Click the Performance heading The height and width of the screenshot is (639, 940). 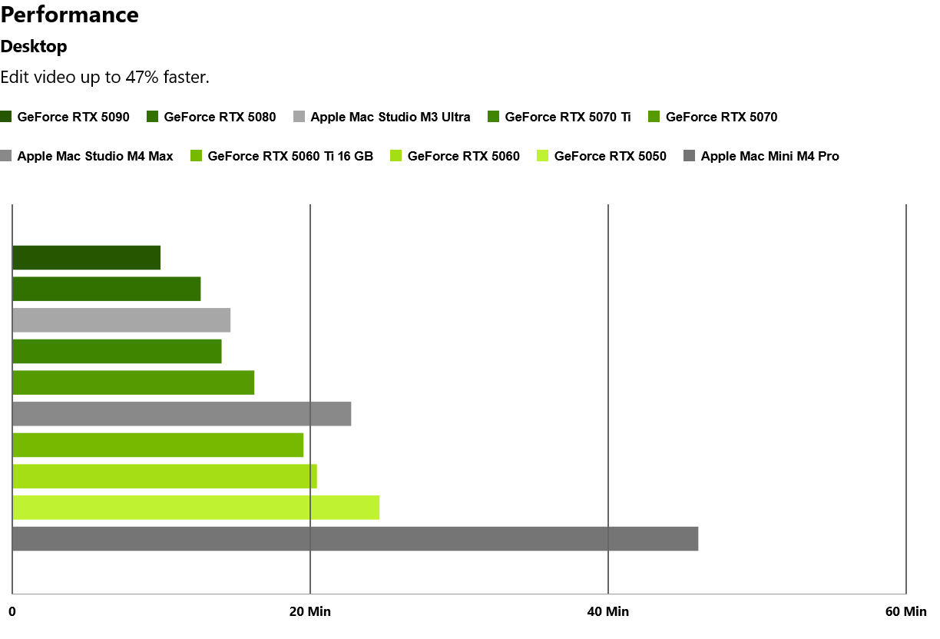click(x=70, y=15)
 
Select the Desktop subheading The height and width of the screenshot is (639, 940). click(x=34, y=47)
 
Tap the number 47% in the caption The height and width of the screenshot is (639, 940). click(x=141, y=77)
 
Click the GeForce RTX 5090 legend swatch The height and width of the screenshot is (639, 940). click(x=6, y=117)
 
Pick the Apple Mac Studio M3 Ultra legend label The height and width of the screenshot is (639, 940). click(x=390, y=118)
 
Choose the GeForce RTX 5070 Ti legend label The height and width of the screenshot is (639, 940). click(x=568, y=118)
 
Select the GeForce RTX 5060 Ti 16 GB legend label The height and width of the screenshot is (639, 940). click(x=290, y=157)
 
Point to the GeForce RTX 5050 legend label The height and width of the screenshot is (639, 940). click(x=610, y=157)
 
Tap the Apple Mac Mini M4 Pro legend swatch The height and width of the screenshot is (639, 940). click(x=689, y=156)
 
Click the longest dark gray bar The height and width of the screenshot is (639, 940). click(x=355, y=538)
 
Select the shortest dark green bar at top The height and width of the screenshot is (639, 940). click(x=86, y=258)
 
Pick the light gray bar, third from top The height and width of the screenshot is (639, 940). click(x=121, y=320)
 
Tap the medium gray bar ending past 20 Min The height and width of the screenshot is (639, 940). click(x=181, y=414)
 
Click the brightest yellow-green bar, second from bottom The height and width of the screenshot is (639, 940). click(x=196, y=508)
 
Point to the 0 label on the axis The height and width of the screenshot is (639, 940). click(x=12, y=612)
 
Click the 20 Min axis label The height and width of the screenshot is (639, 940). click(x=310, y=612)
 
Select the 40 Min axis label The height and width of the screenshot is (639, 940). click(x=608, y=612)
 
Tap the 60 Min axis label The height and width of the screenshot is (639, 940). click(x=906, y=612)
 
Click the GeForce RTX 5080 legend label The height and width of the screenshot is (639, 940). click(x=220, y=118)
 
